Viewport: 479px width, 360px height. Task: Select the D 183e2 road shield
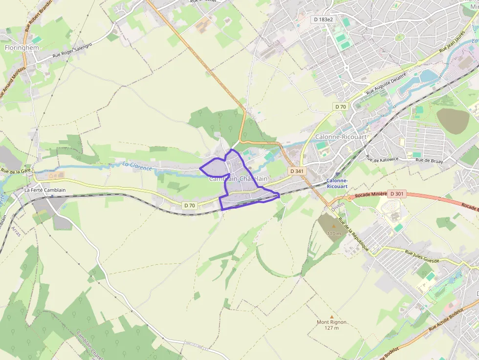click(x=324, y=19)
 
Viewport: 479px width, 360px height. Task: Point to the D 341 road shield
click(x=297, y=171)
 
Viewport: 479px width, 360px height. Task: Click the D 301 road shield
click(x=396, y=194)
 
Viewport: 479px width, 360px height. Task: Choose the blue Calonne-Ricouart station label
click(x=337, y=183)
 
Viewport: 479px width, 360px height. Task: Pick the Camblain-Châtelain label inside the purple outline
click(x=239, y=179)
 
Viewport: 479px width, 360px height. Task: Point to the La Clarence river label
click(x=137, y=166)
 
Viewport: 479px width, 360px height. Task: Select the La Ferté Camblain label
click(x=44, y=190)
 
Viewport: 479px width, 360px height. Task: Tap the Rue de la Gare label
click(x=16, y=171)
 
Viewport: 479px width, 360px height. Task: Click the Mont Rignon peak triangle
click(x=332, y=317)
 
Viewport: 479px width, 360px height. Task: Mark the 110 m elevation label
click(x=334, y=233)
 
